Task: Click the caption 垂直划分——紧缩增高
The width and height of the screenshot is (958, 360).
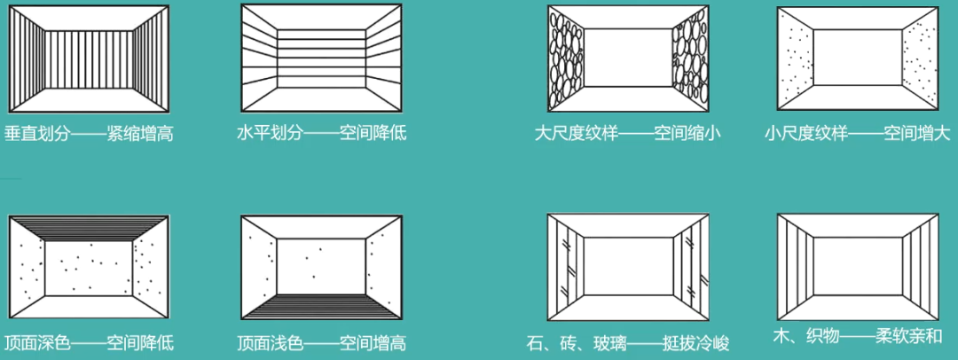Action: pos(89,134)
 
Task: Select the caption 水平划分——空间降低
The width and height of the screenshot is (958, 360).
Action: pos(322,134)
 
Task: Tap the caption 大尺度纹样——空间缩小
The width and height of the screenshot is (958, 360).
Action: pos(628,134)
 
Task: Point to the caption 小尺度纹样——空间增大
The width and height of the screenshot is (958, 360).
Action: pos(857,134)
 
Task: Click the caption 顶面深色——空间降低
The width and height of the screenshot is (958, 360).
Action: pos(89,342)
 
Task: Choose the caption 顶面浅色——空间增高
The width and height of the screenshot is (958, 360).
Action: pos(322,343)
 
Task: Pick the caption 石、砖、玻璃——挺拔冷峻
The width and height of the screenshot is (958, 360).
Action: pos(627,342)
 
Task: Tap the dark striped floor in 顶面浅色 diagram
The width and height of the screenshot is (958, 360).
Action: pos(321,306)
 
